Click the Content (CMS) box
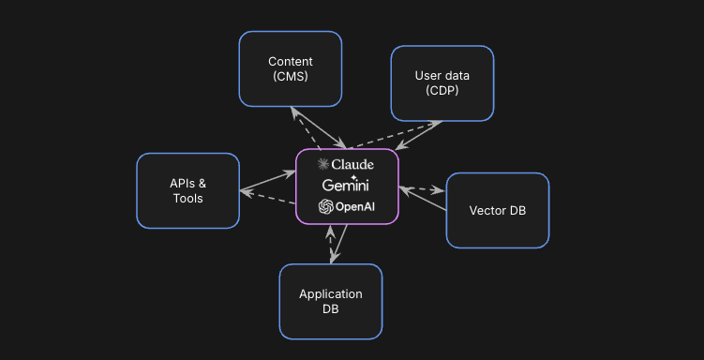coord(290,68)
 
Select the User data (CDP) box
coord(442,83)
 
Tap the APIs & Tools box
coord(187,190)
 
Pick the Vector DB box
coord(497,210)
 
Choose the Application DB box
coord(330,301)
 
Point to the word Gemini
coord(347,186)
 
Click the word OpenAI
coord(355,206)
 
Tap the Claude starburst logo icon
coord(324,164)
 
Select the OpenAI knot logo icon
coord(326,206)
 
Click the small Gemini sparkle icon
coord(353,176)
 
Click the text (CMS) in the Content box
coord(290,77)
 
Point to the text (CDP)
coord(442,91)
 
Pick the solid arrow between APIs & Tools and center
coord(267,182)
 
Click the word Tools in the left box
coord(187,198)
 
